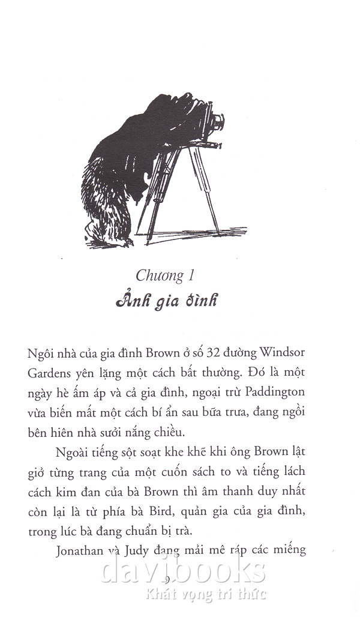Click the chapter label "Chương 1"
(x=167, y=277)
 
